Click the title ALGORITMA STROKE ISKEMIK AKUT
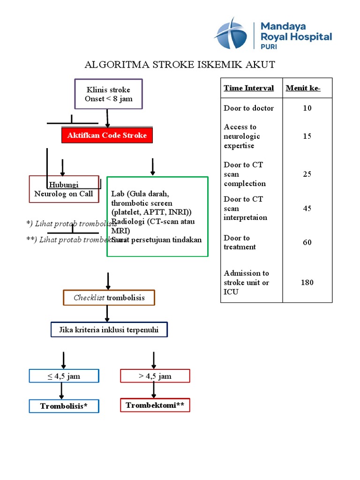tap(180, 65)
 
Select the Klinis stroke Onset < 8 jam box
tap(108, 94)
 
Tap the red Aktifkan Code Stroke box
tap(107, 135)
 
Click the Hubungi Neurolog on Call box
tap(64, 189)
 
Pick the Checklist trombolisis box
tap(109, 298)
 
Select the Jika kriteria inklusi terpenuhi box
tap(109, 330)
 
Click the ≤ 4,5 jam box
tap(64, 376)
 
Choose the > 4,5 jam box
tap(155, 376)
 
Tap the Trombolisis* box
tap(64, 406)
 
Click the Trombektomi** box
tap(155, 405)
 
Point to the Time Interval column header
tap(249, 88)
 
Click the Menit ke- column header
tap(303, 88)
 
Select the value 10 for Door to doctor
tap(307, 108)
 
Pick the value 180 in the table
tap(307, 283)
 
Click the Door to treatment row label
tap(240, 242)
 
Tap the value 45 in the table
tap(307, 209)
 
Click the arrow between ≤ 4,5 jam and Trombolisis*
tap(61, 391)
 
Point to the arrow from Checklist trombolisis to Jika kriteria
tap(108, 314)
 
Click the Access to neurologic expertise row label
tap(242, 136)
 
